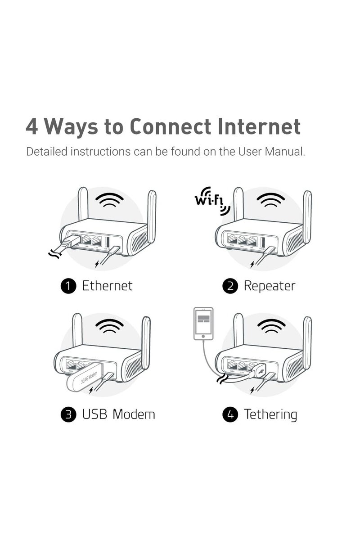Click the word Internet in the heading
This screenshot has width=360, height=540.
pos(259,127)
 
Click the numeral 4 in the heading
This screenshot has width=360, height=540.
pos(32,127)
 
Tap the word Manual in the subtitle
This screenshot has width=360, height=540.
pos(284,151)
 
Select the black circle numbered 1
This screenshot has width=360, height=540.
pos(68,286)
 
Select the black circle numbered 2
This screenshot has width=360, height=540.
pos(230,286)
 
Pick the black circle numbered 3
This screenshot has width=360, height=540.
pos(68,414)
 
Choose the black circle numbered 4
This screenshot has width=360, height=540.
pos(230,414)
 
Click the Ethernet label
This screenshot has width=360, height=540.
pos(107,286)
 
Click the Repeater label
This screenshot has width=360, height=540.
pos(269,286)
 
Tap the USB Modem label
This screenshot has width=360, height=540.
pos(118,414)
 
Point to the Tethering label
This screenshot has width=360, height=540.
pos(270,414)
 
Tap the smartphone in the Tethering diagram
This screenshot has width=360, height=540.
pos(203,324)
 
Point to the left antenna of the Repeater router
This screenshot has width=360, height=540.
pos(238,205)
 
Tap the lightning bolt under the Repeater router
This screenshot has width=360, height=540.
pos(253,263)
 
